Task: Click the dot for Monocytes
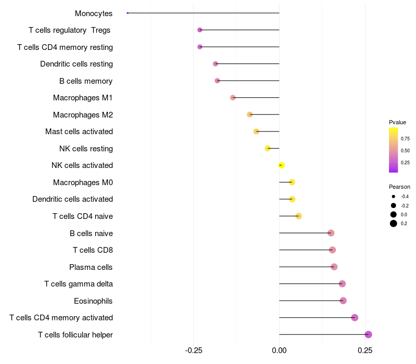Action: [x=127, y=13]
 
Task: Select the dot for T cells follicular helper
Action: [x=368, y=334]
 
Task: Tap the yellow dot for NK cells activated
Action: [x=281, y=165]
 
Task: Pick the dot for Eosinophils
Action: [x=343, y=301]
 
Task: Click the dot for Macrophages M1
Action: [x=233, y=98]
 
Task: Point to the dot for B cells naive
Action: [x=331, y=233]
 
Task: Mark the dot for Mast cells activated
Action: [x=256, y=132]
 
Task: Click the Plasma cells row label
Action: [x=91, y=267]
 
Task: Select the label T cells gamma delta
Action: [x=79, y=284]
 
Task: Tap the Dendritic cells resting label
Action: [x=76, y=64]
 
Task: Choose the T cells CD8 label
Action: [x=93, y=250]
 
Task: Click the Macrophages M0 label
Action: [x=83, y=183]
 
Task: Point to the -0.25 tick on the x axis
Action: [x=193, y=351]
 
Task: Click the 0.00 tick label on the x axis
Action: [x=279, y=351]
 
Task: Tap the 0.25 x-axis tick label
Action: [x=365, y=351]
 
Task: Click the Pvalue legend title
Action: [x=397, y=122]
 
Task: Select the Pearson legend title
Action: [x=399, y=187]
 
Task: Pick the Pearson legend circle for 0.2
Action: [x=394, y=224]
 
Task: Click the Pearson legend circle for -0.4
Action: [x=394, y=197]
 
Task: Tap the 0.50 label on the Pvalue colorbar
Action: [x=405, y=151]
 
